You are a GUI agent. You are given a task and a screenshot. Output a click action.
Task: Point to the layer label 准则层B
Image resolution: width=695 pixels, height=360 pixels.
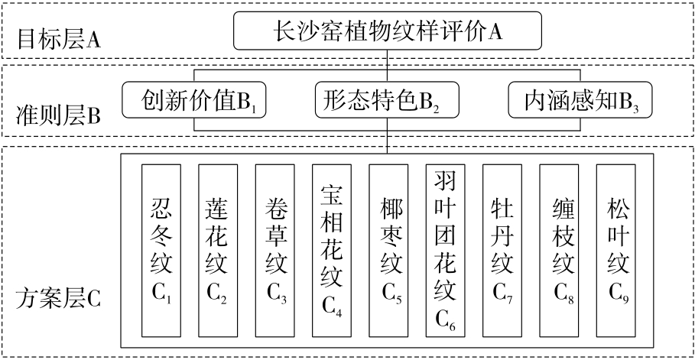point(59,116)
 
